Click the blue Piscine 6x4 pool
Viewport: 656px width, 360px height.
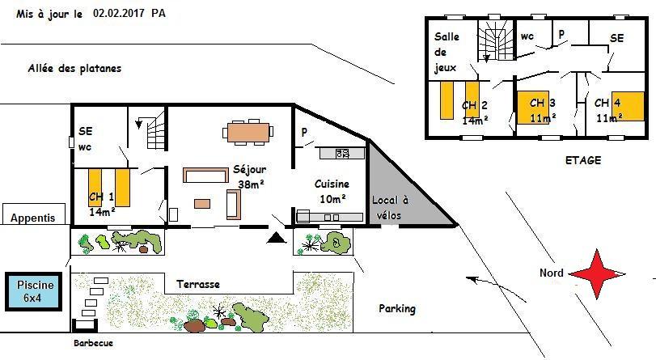33,291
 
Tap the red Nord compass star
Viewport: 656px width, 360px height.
598,274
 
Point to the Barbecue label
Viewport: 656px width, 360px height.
93,343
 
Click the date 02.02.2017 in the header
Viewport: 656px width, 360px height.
119,13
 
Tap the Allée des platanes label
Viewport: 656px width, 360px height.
74,68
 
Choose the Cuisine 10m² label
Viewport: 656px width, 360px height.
332,191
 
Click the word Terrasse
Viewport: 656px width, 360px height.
198,284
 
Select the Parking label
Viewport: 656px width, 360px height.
397,309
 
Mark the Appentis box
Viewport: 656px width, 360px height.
34,214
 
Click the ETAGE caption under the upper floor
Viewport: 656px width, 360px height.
582,160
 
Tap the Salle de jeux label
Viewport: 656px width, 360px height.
447,52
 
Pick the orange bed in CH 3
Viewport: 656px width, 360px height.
533,108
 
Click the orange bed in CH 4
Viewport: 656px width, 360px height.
628,106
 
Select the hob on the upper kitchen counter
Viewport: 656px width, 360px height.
342,153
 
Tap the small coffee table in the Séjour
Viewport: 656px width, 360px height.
202,203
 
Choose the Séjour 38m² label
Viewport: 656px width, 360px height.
250,176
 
